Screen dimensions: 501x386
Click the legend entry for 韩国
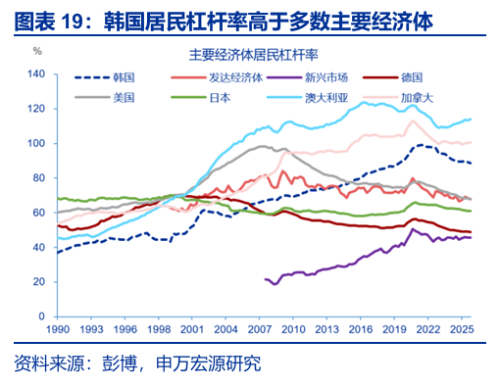click(105, 77)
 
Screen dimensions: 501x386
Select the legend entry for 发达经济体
click(217, 77)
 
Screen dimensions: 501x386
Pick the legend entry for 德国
click(392, 77)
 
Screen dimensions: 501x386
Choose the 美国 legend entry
click(105, 98)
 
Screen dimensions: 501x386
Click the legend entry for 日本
click(201, 98)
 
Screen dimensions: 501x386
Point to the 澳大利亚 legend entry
click(308, 98)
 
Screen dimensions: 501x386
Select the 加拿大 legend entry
click(398, 98)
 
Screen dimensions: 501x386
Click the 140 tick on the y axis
click(36, 74)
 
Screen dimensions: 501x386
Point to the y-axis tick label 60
click(39, 213)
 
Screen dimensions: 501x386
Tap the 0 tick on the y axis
click(42, 316)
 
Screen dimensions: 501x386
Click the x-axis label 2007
click(259, 329)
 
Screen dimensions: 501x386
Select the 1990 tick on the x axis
click(58, 329)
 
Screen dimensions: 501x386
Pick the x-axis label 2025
click(462, 329)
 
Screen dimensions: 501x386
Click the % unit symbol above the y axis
click(37, 51)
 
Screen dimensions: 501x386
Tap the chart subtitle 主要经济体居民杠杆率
click(253, 55)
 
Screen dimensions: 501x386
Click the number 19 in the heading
click(72, 23)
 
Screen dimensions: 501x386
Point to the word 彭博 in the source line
click(120, 363)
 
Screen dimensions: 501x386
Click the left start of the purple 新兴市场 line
click(265, 279)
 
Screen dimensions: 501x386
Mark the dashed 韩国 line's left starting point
click(58, 253)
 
